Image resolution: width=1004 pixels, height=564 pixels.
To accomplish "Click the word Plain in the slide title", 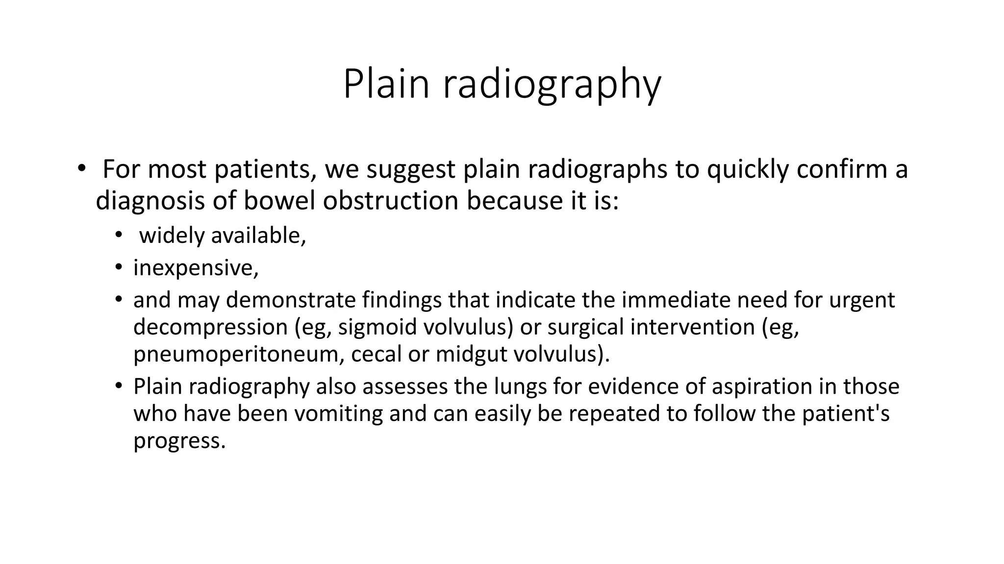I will tap(386, 84).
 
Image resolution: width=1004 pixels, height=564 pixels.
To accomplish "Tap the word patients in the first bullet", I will tap(265, 169).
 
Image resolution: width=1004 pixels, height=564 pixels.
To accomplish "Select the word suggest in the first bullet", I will tap(411, 169).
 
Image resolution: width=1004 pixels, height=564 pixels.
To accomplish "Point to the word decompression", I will tap(210, 327).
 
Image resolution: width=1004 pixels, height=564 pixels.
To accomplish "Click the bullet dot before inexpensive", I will tap(119, 267).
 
